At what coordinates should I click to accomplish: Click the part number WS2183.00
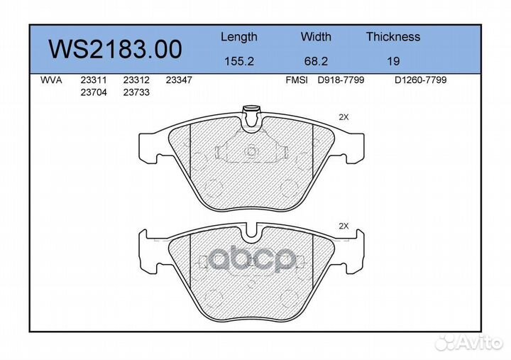tap(115, 49)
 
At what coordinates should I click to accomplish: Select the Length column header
tap(239, 37)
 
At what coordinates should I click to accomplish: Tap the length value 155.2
tap(239, 61)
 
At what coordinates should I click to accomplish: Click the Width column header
tap(316, 36)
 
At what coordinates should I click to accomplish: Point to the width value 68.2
tap(316, 61)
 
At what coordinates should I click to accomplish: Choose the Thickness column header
tap(393, 36)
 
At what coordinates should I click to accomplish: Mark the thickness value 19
tap(393, 61)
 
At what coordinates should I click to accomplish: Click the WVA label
tap(51, 80)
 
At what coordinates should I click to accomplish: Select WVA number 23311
tap(94, 80)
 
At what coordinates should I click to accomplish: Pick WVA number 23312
tap(136, 80)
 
